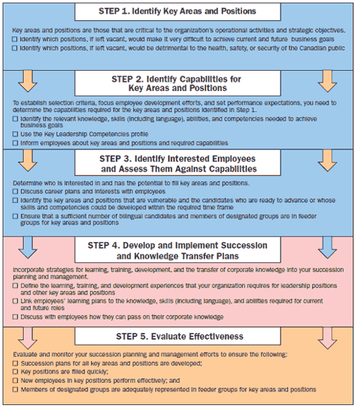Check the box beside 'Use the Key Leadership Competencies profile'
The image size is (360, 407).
(16, 134)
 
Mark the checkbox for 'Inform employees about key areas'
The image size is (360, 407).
(16, 143)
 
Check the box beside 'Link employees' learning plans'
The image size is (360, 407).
(16, 303)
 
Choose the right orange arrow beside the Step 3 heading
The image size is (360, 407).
(327, 160)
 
